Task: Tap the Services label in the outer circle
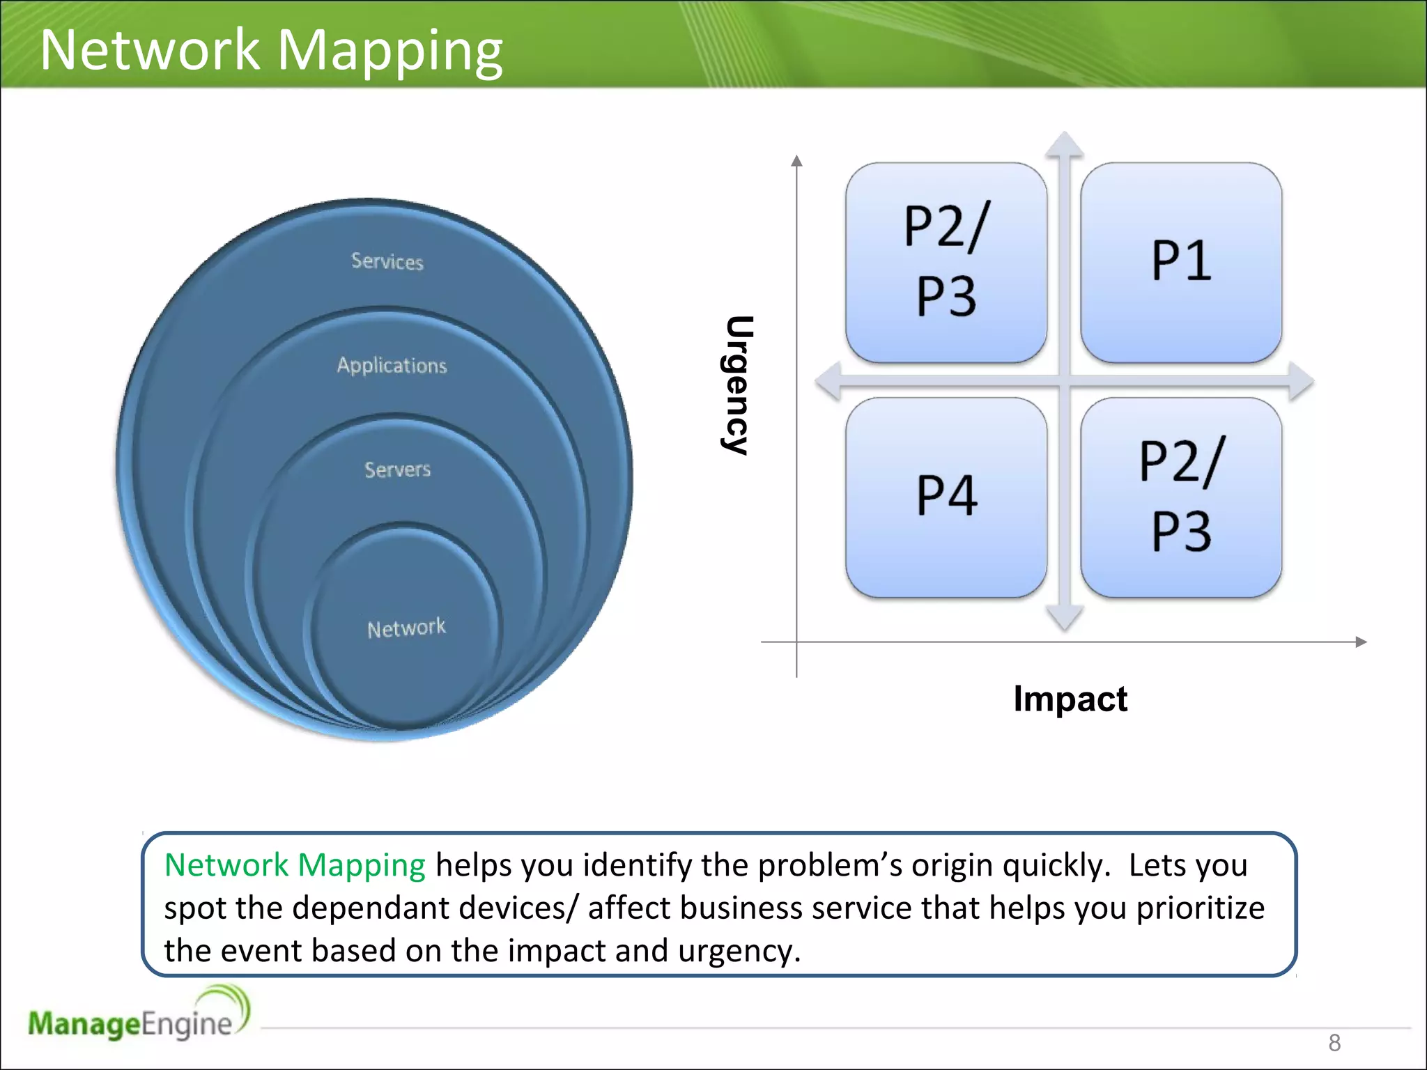pyautogui.click(x=387, y=261)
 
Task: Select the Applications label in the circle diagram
pyautogui.click(x=392, y=365)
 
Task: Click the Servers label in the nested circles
pyautogui.click(x=397, y=470)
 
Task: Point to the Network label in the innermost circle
pyautogui.click(x=406, y=628)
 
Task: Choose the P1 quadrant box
pyautogui.click(x=1181, y=263)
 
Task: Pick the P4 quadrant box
pyautogui.click(x=946, y=497)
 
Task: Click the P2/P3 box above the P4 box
pyautogui.click(x=946, y=263)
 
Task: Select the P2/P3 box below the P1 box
pyautogui.click(x=1181, y=497)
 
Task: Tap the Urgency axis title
pyautogui.click(x=737, y=385)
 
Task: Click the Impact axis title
pyautogui.click(x=1070, y=698)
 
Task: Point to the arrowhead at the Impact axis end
pyautogui.click(x=1361, y=642)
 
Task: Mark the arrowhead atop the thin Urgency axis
pyautogui.click(x=797, y=161)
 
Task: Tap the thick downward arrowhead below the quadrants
pyautogui.click(x=1064, y=618)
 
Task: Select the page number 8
pyautogui.click(x=1334, y=1043)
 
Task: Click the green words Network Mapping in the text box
pyautogui.click(x=295, y=865)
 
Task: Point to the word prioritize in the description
pyautogui.click(x=1200, y=908)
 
